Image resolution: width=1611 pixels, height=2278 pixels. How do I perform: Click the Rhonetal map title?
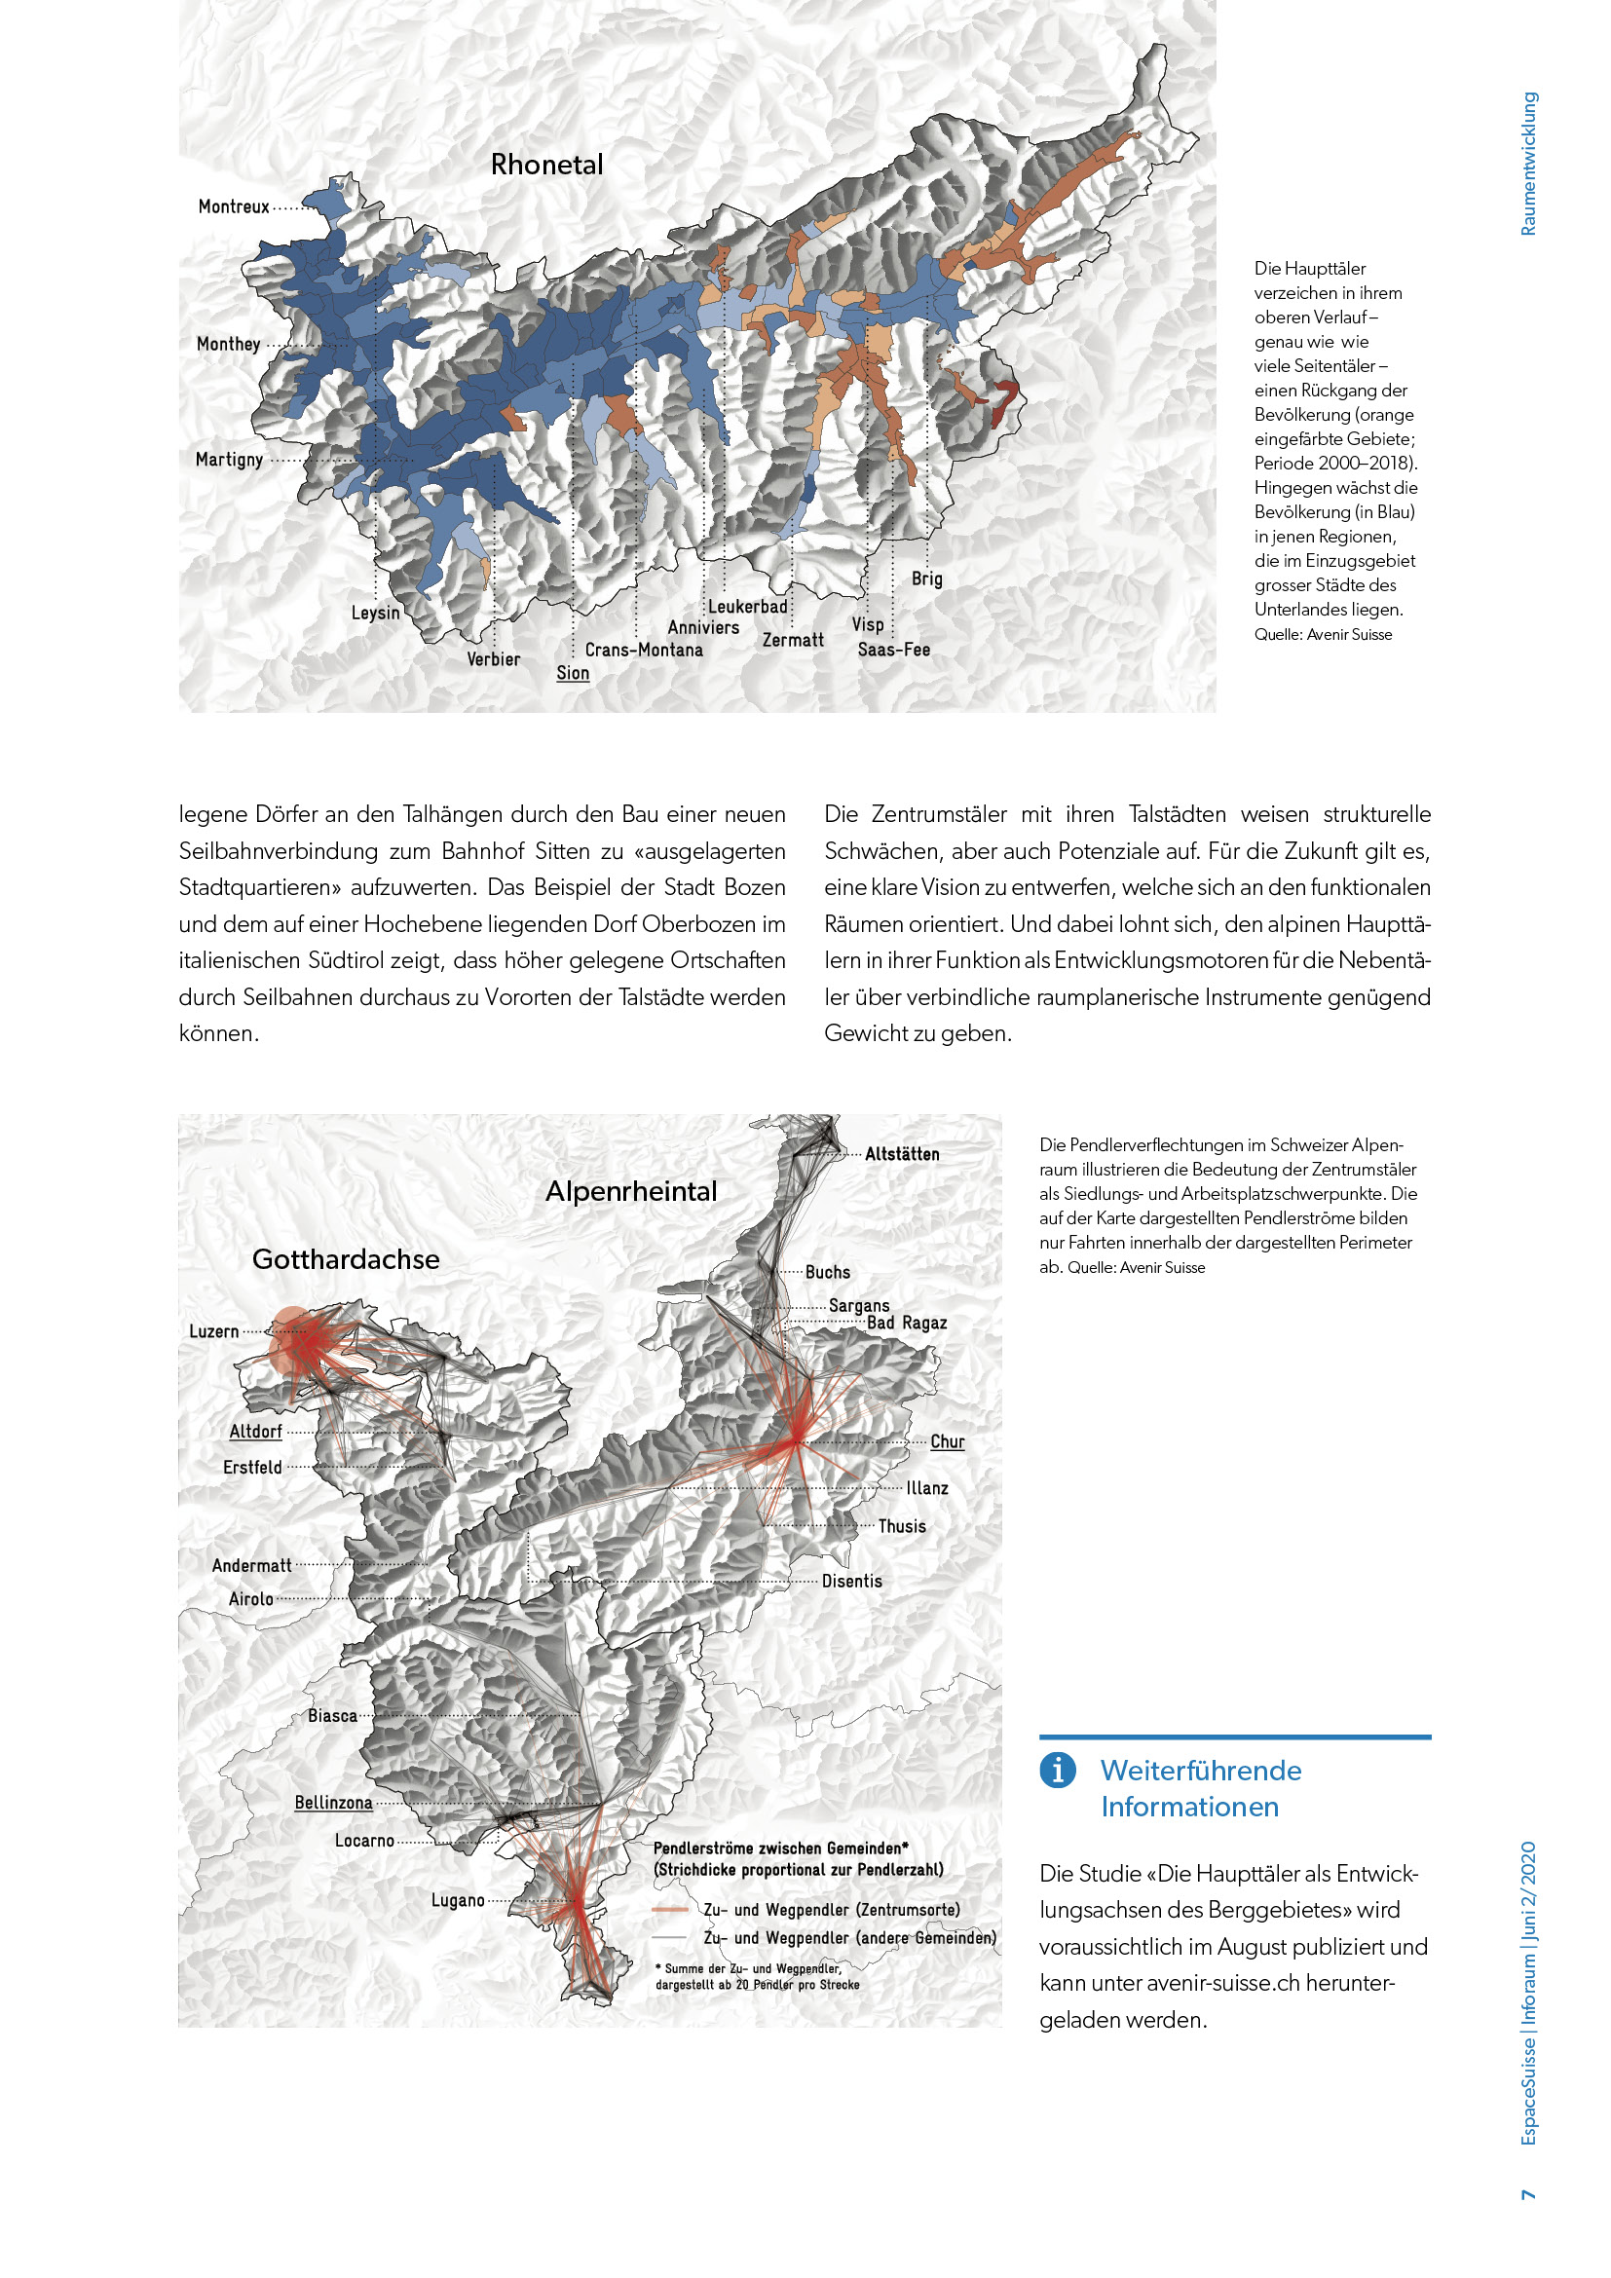coord(546,165)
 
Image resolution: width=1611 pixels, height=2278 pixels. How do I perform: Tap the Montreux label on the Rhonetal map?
coord(233,206)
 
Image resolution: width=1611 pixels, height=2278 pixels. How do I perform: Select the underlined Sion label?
coord(573,673)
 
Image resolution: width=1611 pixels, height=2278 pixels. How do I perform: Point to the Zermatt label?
coord(793,640)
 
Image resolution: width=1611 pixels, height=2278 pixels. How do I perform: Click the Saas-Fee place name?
coord(894,650)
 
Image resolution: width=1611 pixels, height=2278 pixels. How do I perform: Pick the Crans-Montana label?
coord(644,650)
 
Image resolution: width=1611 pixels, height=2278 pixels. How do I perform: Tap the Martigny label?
coord(229,460)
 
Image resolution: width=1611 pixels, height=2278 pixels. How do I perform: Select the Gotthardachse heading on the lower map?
coord(345,1259)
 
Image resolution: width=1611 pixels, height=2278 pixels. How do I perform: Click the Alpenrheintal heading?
coord(631,1190)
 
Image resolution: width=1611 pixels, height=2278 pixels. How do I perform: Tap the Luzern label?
coord(214,1331)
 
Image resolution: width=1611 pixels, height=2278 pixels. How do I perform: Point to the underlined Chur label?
coord(947,1441)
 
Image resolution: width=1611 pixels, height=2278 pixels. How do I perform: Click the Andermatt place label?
coord(252,1566)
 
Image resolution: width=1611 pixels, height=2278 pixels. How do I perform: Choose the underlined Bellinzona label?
coord(333,1803)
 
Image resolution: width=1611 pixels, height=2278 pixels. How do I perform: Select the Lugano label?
coord(458,1901)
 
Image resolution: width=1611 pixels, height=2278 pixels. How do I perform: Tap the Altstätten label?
coord(902,1154)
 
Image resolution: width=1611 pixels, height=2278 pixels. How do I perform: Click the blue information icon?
coord(1058,1769)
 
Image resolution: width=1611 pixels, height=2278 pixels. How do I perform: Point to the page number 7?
coord(1527,2194)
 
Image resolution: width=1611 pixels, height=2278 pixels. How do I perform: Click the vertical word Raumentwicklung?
coord(1527,164)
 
